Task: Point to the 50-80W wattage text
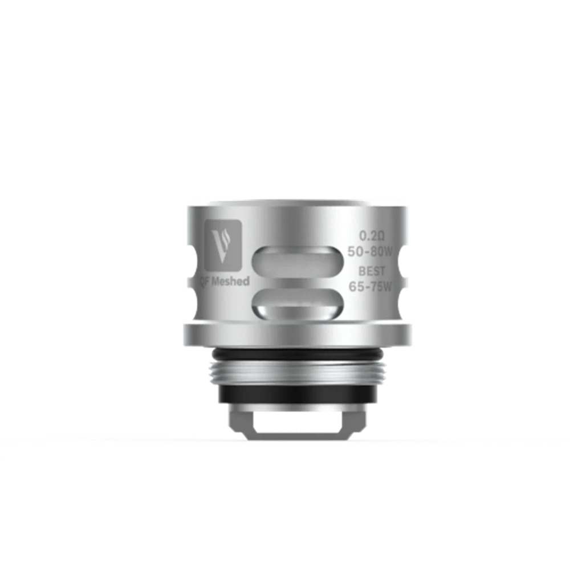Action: click(373, 253)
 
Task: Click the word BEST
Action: click(372, 271)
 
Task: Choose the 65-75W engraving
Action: click(371, 287)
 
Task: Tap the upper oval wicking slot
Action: click(296, 262)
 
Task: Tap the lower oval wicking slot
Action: click(296, 302)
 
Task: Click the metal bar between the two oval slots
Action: click(296, 283)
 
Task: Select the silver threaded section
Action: click(296, 373)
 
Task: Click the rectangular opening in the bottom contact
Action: click(296, 422)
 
